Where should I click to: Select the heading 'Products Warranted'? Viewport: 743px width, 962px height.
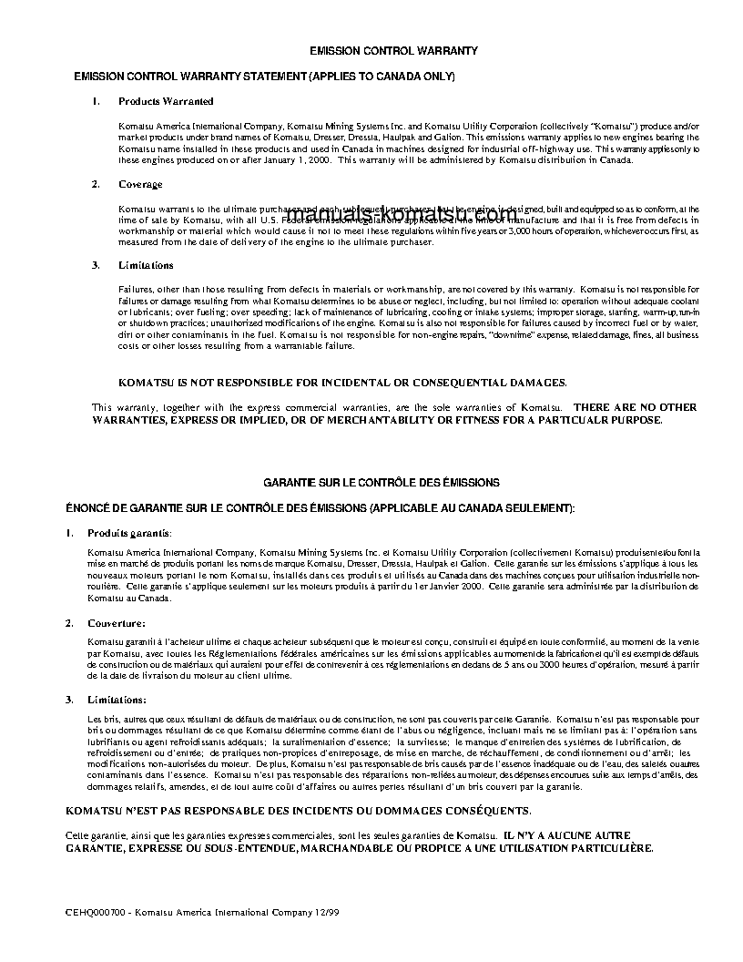pyautogui.click(x=166, y=101)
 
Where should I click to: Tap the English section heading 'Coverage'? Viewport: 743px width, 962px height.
pyautogui.click(x=140, y=185)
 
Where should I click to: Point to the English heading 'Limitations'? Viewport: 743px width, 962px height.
pyautogui.click(x=146, y=265)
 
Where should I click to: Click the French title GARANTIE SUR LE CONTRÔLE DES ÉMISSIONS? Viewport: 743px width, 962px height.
pyautogui.click(x=382, y=482)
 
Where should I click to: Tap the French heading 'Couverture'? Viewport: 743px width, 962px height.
pyautogui.click(x=116, y=623)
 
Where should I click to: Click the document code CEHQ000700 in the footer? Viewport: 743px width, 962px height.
pyautogui.click(x=90, y=911)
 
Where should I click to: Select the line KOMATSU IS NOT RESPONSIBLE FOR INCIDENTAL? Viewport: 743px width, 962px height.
pyautogui.click(x=343, y=383)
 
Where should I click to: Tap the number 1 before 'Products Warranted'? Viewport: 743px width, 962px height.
pyautogui.click(x=96, y=101)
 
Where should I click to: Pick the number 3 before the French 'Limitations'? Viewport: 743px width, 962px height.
pyautogui.click(x=69, y=700)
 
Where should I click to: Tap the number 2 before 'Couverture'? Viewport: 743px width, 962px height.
pyautogui.click(x=69, y=623)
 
